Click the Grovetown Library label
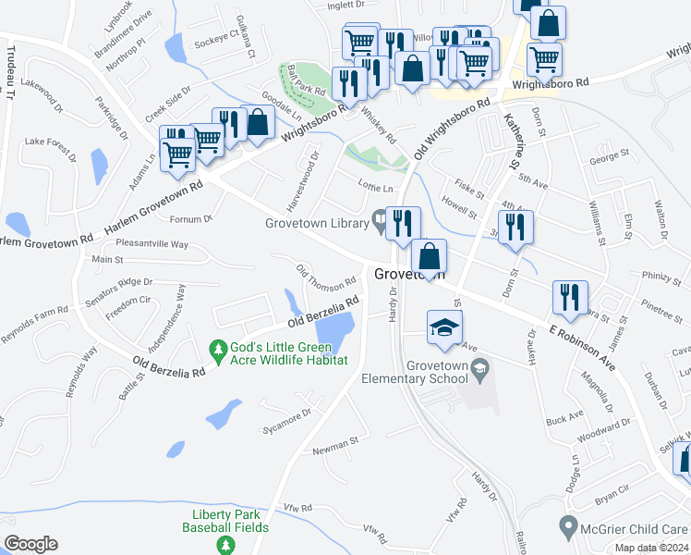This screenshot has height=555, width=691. pyautogui.click(x=317, y=223)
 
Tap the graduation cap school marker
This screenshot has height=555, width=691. pyautogui.click(x=445, y=327)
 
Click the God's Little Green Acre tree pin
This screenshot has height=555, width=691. pyautogui.click(x=219, y=351)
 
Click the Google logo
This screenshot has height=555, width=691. pyautogui.click(x=30, y=544)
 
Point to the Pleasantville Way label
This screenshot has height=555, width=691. pyautogui.click(x=152, y=244)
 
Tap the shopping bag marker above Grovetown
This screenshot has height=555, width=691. pyautogui.click(x=429, y=255)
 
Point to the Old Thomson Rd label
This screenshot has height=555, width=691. pyautogui.click(x=325, y=276)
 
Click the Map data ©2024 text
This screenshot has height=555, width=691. pyautogui.click(x=651, y=548)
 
